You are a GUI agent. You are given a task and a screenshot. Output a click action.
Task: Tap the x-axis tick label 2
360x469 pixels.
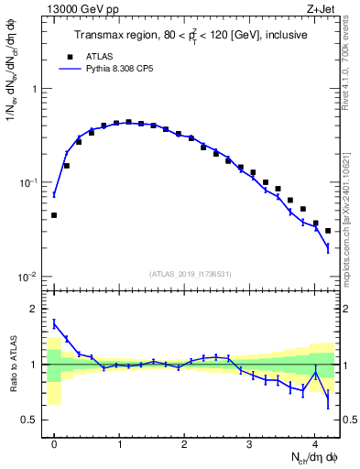(x=184, y=442)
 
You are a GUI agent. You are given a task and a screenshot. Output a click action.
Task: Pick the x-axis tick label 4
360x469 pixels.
(x=314, y=442)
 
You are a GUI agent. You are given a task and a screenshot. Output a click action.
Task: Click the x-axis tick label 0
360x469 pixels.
(x=54, y=442)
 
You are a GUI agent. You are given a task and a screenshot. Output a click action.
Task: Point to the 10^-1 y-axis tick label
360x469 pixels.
(x=29, y=183)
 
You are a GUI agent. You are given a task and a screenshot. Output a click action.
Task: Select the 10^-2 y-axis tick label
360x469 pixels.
(x=29, y=277)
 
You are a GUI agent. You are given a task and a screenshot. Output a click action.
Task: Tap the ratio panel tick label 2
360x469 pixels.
(x=37, y=309)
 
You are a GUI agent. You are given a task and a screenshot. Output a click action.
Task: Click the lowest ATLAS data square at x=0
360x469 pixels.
(x=54, y=215)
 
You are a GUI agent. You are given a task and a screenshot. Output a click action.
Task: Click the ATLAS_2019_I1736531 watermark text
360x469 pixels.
(x=191, y=274)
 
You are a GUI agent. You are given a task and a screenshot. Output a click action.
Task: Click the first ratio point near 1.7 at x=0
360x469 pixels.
(x=54, y=322)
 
